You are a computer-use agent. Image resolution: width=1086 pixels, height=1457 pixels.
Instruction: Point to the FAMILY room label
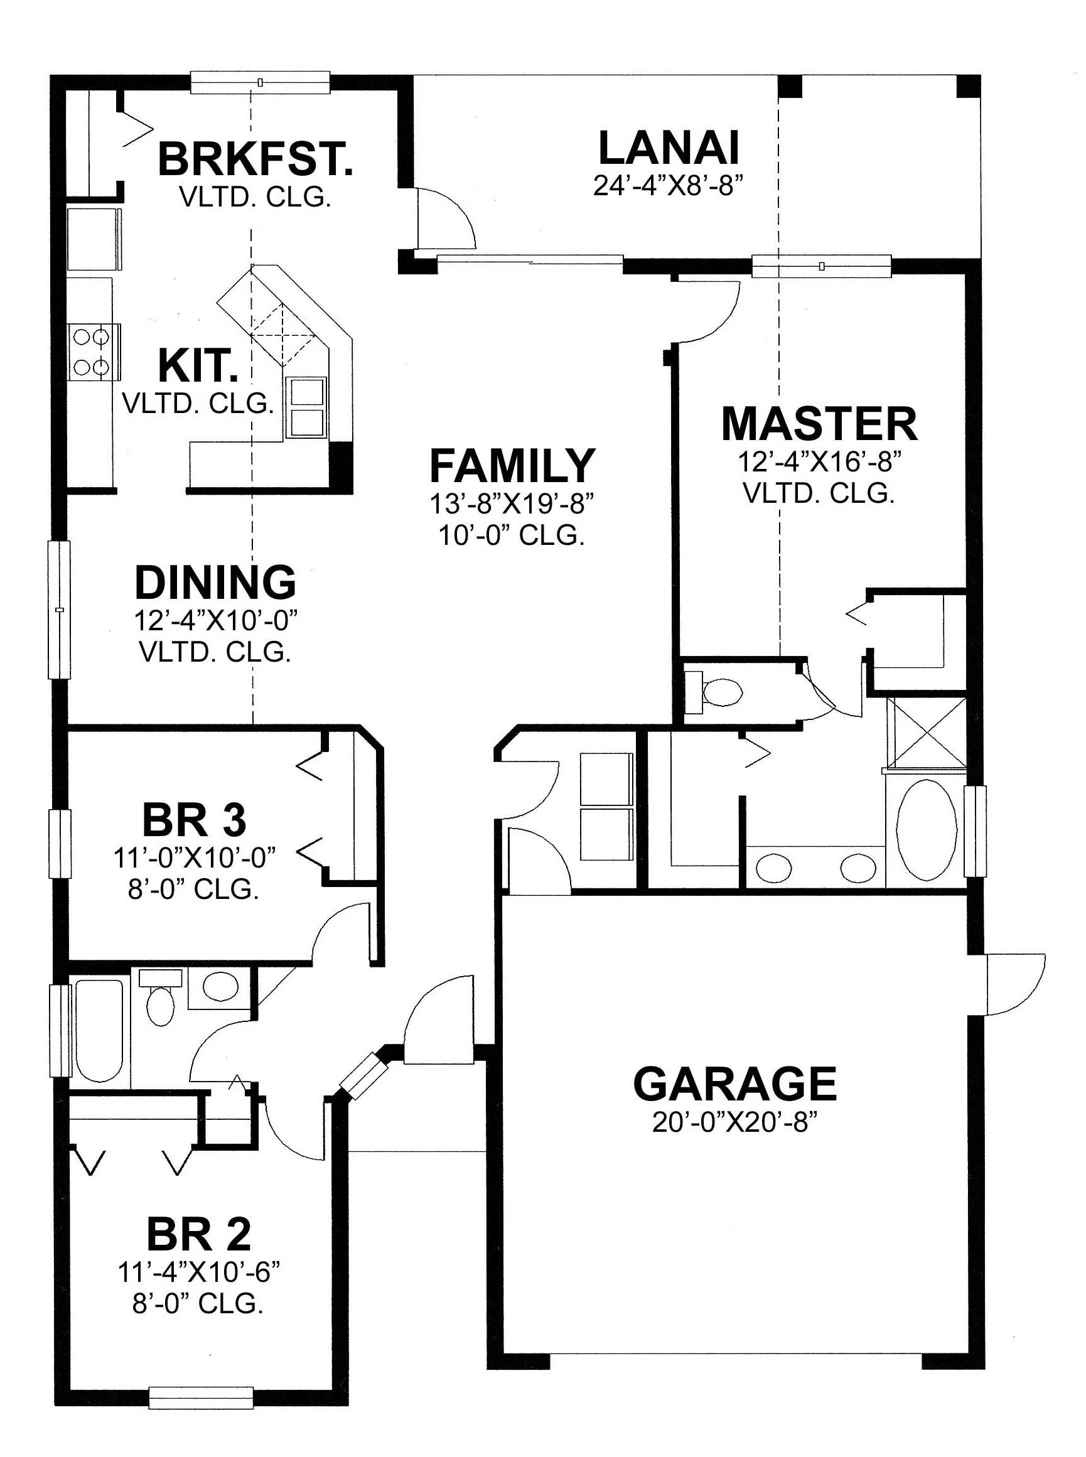point(512,465)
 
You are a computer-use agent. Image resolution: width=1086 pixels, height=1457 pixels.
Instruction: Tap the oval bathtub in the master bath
point(927,830)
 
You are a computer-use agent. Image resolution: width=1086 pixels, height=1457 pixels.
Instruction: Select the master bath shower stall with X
point(928,731)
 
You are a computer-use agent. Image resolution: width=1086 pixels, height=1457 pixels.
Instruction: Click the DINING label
point(215,582)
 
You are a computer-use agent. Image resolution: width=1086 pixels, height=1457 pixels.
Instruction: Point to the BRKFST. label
point(255,159)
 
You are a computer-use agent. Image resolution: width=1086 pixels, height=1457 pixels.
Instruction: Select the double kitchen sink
point(306,407)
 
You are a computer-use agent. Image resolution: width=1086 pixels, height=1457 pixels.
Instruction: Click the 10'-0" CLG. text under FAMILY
point(512,535)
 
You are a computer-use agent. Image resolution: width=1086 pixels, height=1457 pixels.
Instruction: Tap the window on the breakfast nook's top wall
point(261,83)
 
